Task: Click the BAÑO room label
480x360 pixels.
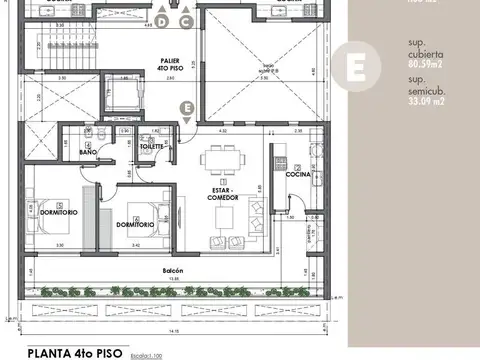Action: (75, 152)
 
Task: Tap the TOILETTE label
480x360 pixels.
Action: (152, 146)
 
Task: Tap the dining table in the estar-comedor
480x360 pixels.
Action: (218, 160)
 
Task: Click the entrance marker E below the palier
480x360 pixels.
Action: (185, 107)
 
